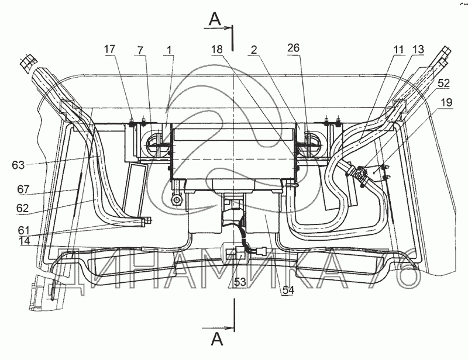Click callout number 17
[109, 49]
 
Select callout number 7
[140, 50]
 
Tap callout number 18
[217, 49]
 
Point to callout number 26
[294, 48]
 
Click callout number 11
[398, 50]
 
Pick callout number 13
[418, 49]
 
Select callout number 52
[444, 83]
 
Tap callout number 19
[446, 102]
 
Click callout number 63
[18, 165]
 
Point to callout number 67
[23, 189]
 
